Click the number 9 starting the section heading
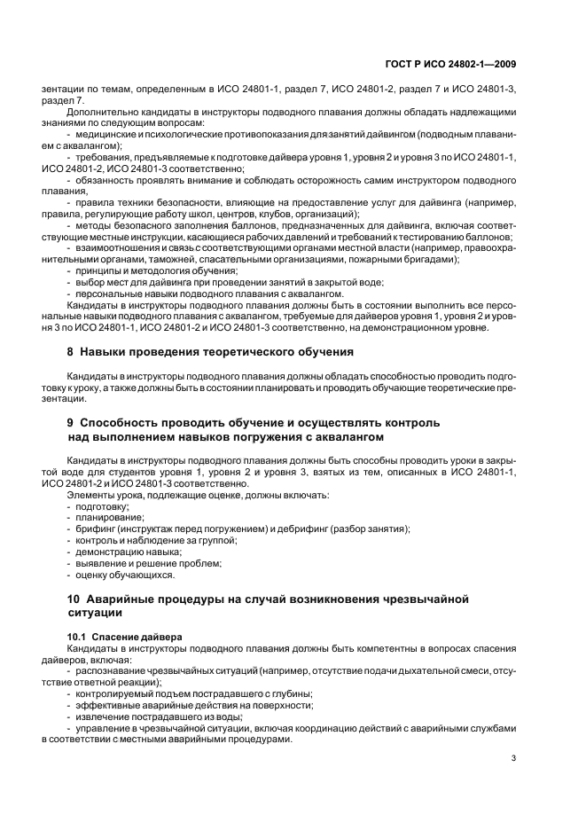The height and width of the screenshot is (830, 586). (71, 423)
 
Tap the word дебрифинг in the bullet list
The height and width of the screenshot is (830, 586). (304, 529)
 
